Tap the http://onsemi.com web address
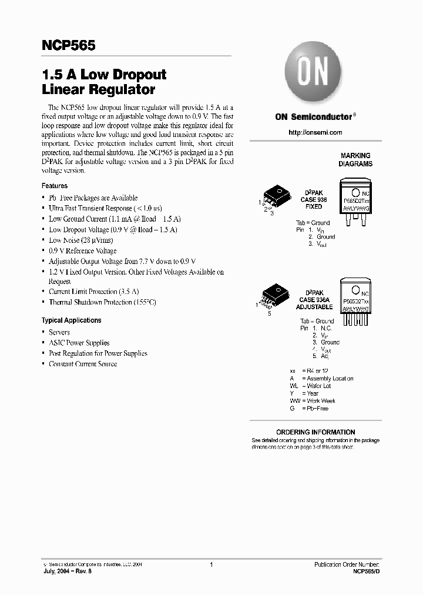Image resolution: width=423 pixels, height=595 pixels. (x=315, y=132)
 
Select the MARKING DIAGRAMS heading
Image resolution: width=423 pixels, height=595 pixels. (x=355, y=160)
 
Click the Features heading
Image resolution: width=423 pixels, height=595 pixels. (x=55, y=185)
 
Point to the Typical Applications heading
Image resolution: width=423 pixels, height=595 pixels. (x=71, y=320)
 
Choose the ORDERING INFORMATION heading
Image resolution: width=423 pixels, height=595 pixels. (x=315, y=432)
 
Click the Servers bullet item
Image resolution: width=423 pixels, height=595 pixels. (x=59, y=332)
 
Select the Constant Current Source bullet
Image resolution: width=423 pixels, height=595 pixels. (x=83, y=364)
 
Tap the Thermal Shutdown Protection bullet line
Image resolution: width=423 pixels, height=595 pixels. (x=102, y=302)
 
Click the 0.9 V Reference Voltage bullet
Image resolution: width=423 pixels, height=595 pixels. (x=82, y=250)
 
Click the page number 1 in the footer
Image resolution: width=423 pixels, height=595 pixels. (x=211, y=564)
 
